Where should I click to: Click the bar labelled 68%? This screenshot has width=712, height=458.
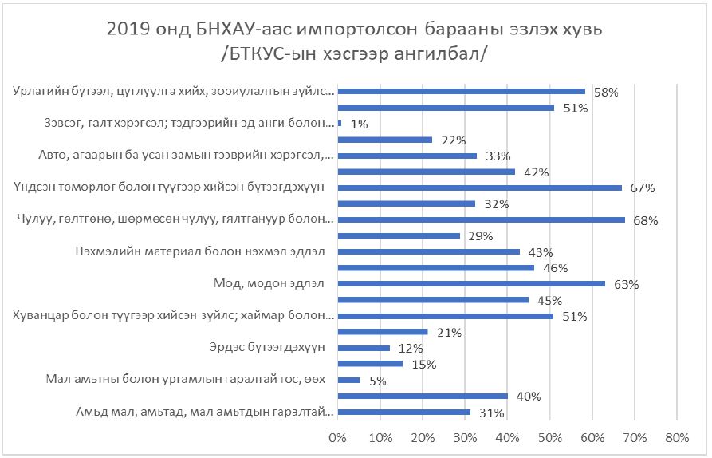(482, 219)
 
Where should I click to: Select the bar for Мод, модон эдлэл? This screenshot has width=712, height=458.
(471, 283)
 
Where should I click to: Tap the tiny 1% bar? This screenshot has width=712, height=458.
(340, 124)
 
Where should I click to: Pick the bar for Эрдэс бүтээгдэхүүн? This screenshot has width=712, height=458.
(364, 348)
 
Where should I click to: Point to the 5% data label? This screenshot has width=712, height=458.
(378, 381)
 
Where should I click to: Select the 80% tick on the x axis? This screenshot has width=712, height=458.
(676, 437)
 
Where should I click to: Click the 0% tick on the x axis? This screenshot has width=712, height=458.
(337, 437)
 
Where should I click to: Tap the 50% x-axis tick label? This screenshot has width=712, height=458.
(549, 437)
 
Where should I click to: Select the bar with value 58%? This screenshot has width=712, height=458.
(461, 92)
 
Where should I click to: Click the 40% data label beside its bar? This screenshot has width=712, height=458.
(529, 397)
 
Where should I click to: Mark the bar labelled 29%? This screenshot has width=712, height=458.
(399, 235)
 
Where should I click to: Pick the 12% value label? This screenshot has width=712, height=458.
(411, 349)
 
